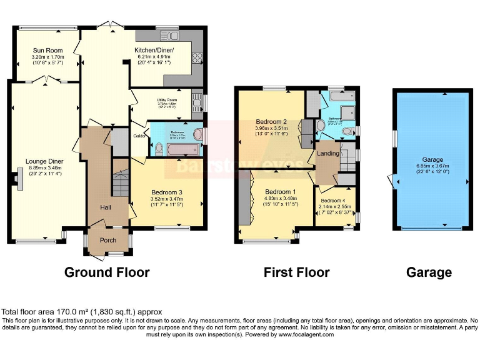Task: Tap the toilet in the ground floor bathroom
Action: (158, 148)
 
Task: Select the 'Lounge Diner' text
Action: (45, 161)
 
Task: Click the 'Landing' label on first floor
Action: (329, 153)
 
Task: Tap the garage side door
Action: (392, 182)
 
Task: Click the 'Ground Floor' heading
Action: (107, 272)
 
